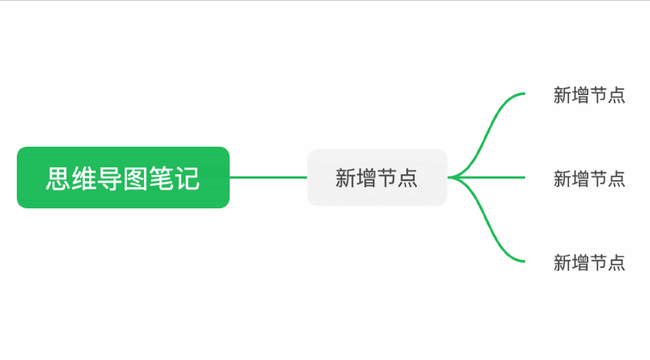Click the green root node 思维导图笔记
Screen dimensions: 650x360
(123, 177)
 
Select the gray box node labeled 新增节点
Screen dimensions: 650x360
(377, 177)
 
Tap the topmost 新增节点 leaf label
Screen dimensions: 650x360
(589, 95)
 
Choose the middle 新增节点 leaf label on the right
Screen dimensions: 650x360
(589, 179)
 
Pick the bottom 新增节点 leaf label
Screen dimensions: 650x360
(589, 263)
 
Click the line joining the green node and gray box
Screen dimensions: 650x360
(268, 177)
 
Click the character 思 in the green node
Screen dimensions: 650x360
(58, 179)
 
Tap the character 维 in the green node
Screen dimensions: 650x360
(84, 179)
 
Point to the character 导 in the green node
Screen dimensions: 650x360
(110, 179)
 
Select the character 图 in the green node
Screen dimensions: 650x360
(135, 179)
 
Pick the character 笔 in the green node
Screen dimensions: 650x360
(162, 179)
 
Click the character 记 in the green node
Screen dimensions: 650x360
(187, 179)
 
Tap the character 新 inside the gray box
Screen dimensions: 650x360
(345, 178)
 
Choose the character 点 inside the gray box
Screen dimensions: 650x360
(408, 178)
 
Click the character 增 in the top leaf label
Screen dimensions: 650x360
(581, 95)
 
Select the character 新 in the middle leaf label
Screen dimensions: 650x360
(562, 179)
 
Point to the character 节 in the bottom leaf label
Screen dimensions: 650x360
(598, 263)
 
